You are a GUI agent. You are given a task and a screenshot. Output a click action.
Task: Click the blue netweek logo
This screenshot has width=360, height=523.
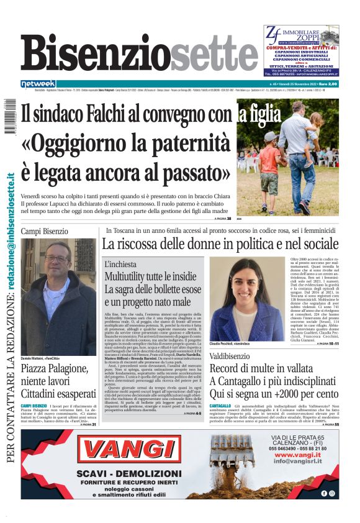38,83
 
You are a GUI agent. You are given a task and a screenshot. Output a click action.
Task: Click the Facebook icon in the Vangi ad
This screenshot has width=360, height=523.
323,493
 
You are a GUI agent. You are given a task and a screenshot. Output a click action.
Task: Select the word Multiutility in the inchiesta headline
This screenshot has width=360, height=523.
128,275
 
